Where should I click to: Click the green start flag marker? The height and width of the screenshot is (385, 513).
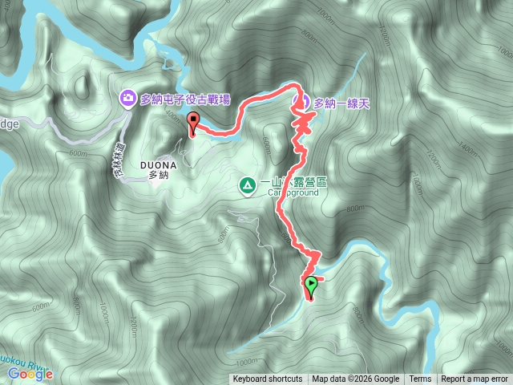pyautogui.click(x=311, y=283)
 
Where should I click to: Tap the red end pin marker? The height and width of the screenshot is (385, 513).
pyautogui.click(x=192, y=122)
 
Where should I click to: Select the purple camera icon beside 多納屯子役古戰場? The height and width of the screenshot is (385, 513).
pyautogui.click(x=128, y=99)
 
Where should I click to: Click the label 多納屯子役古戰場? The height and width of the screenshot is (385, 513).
pyautogui.click(x=185, y=99)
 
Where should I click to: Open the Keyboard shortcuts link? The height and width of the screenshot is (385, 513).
pyautogui.click(x=267, y=379)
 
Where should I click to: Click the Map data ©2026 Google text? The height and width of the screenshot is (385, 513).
pyautogui.click(x=355, y=379)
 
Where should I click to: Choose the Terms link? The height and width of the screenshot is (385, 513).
pyautogui.click(x=420, y=379)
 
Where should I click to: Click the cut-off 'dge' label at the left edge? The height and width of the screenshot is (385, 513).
pyautogui.click(x=8, y=124)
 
